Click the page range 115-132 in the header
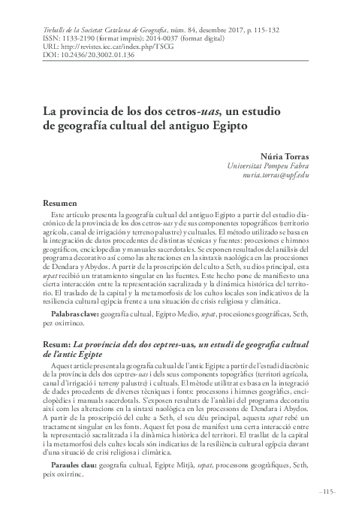(x=245, y=26)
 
